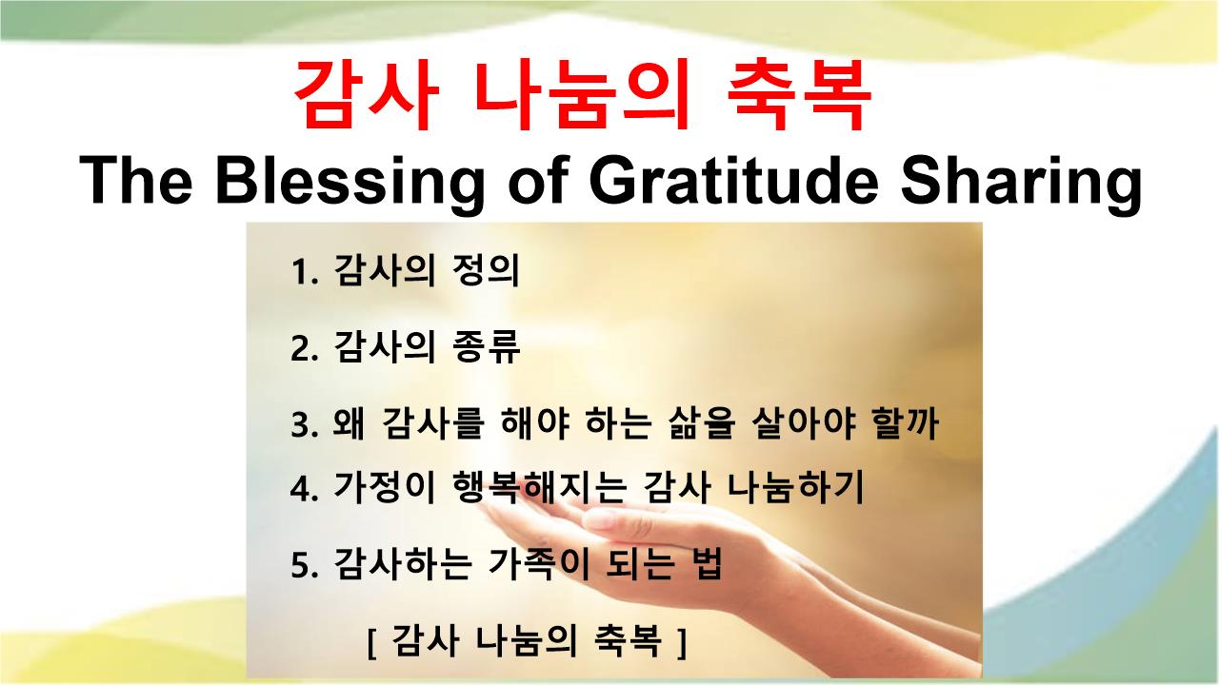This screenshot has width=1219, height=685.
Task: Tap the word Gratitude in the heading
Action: (733, 180)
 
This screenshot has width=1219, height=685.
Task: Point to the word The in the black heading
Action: (135, 180)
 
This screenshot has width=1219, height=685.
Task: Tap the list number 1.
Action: (304, 272)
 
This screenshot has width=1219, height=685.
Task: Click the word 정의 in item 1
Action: (486, 269)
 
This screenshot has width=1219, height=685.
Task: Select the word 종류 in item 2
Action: (486, 346)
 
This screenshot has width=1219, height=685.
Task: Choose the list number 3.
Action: (304, 425)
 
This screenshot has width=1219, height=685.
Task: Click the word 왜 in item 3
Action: (349, 422)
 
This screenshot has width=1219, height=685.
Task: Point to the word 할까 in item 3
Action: (905, 422)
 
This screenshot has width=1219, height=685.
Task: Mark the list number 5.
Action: (304, 566)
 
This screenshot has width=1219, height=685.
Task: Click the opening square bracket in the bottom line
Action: (372, 643)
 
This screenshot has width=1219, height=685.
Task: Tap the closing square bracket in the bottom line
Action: (682, 643)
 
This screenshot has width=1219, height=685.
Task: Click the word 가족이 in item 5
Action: (539, 563)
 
